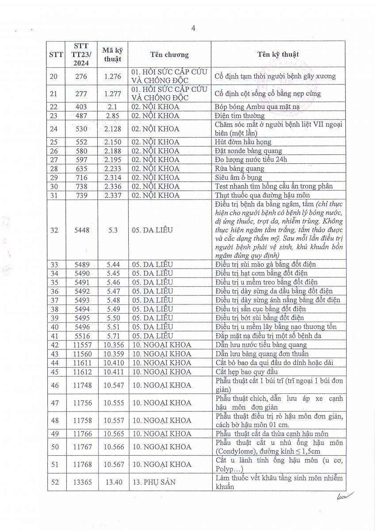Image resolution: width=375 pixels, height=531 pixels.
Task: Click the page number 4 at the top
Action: click(193, 28)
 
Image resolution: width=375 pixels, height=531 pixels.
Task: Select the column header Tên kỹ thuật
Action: click(278, 54)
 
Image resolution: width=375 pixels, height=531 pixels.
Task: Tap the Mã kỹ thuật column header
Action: click(113, 54)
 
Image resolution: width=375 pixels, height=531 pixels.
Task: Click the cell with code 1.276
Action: click(113, 76)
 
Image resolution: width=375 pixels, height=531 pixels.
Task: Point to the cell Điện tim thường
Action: click(239, 115)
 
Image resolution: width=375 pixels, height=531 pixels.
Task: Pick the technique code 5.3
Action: click(113, 230)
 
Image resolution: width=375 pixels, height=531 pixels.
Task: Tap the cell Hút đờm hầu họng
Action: click(243, 142)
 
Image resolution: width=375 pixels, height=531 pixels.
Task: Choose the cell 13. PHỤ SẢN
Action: click(153, 482)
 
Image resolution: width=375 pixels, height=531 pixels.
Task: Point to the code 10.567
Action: click(113, 464)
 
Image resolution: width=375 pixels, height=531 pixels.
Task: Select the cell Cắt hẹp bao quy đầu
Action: click(246, 372)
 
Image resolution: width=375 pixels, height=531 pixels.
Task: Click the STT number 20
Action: click(54, 76)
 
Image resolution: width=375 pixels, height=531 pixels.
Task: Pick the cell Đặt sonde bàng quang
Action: click(243, 151)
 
